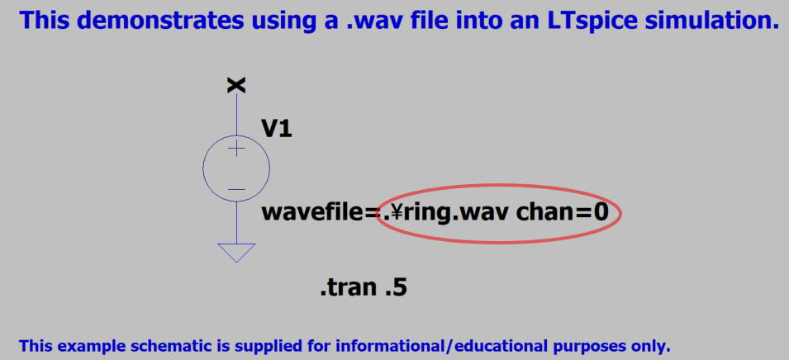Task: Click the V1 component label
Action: (x=276, y=129)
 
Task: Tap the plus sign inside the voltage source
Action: (x=236, y=149)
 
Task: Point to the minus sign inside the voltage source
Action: (x=236, y=190)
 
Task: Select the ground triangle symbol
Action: (x=236, y=253)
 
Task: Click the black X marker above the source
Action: (x=236, y=86)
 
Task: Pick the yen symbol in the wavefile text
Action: (x=395, y=213)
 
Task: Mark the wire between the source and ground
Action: (x=236, y=223)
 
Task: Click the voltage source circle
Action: (x=203, y=168)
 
